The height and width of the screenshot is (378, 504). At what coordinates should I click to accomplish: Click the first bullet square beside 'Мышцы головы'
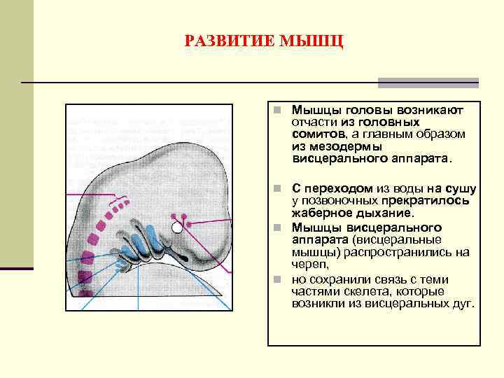pos(277,111)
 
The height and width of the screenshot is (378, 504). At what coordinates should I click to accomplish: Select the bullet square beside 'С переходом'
pos(277,189)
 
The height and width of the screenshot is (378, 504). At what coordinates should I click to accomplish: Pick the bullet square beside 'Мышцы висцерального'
pos(277,227)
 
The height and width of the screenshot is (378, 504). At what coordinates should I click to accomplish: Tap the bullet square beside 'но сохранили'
pos(277,279)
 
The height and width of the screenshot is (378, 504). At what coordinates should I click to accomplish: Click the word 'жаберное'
pos(316,213)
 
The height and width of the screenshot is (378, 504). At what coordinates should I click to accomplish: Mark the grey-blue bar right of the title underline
pos(428,83)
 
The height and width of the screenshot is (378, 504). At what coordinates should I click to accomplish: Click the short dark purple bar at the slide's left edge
pos(17,268)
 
